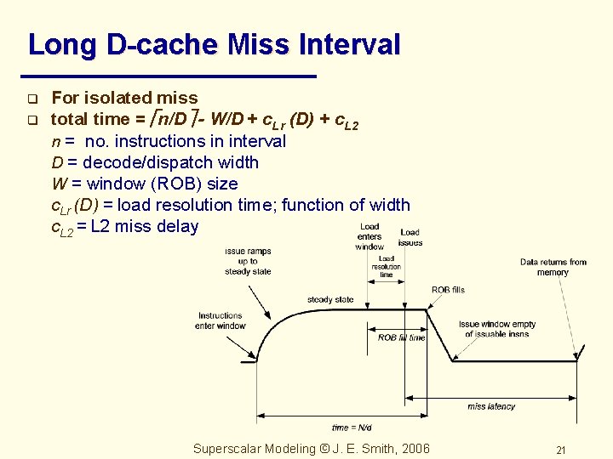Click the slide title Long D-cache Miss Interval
click(x=214, y=44)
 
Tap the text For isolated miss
click(x=124, y=99)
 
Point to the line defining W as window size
click(x=145, y=184)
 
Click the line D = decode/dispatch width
click(x=155, y=162)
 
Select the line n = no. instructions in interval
click(x=169, y=141)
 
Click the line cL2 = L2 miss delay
click(x=124, y=227)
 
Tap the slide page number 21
click(x=560, y=450)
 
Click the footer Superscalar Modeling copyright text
click(x=312, y=449)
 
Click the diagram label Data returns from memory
click(x=553, y=267)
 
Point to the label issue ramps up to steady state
click(x=248, y=261)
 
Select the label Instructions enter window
click(x=221, y=320)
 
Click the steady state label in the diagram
click(x=330, y=299)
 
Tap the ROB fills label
click(x=448, y=290)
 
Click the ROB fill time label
click(x=401, y=337)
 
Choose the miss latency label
click(x=491, y=406)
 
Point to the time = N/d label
click(x=352, y=428)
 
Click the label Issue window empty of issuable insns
click(x=497, y=329)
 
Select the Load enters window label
click(x=370, y=236)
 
